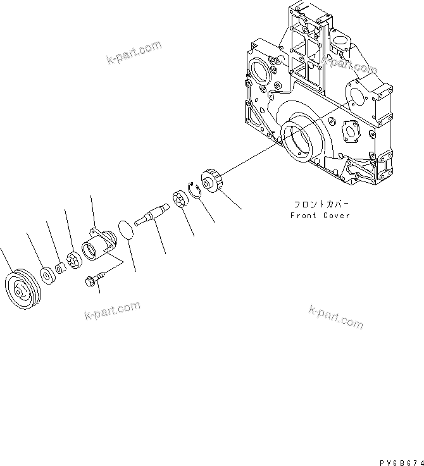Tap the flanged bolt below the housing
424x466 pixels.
tap(92, 281)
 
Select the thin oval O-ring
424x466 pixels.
tap(127, 231)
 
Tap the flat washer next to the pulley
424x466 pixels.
tap(46, 274)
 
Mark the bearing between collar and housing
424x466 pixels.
tap(73, 259)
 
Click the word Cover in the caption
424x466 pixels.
tap(336, 216)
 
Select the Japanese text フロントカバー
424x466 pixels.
tap(320, 205)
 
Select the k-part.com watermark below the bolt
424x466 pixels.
tap(111, 312)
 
